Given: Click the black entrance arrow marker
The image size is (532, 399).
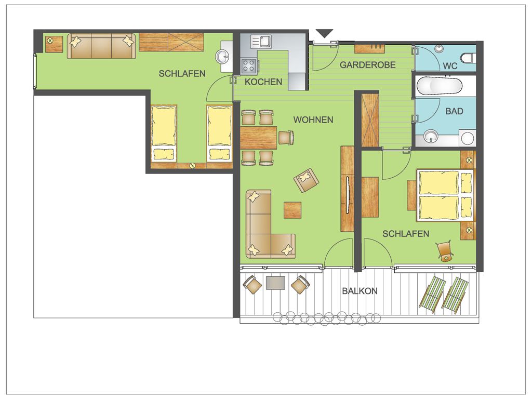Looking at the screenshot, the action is (x=325, y=33).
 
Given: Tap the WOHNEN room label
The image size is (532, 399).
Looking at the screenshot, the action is (x=313, y=120).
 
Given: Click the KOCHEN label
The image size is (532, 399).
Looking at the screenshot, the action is (x=263, y=82).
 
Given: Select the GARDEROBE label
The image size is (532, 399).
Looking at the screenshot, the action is (x=367, y=65).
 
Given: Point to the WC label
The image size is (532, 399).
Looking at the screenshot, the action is (x=450, y=66).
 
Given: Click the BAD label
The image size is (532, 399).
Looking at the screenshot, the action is (x=454, y=111).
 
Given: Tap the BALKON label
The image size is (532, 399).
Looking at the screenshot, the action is (x=360, y=291).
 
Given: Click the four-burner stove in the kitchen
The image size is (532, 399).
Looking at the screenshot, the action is (x=249, y=66).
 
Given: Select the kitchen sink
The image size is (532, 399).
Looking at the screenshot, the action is (x=261, y=42).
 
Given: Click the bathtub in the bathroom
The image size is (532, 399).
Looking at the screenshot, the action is (x=440, y=86).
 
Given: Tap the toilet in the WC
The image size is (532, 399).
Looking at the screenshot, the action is (x=468, y=58).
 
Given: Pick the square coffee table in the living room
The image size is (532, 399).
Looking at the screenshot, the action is (x=292, y=210).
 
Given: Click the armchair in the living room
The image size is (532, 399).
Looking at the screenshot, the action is (x=307, y=180).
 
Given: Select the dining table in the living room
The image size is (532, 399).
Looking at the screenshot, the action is (x=258, y=138).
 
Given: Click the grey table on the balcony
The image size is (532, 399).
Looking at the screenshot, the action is (x=275, y=283).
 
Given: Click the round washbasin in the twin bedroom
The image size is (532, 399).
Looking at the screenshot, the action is (x=223, y=57).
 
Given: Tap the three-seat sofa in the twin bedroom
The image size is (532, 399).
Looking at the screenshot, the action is (x=101, y=46).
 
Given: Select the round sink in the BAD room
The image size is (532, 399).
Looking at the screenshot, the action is (x=431, y=137).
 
